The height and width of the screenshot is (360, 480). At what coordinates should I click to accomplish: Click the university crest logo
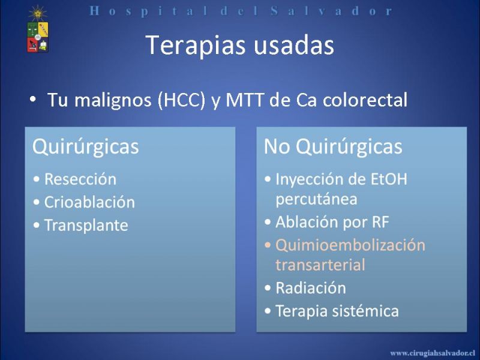38,29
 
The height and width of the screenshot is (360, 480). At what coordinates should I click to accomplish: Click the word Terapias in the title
196,46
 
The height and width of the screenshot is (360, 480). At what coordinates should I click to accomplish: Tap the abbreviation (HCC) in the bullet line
181,100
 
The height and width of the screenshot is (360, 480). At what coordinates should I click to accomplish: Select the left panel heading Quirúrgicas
86,147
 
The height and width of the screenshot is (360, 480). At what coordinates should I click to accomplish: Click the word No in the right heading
277,146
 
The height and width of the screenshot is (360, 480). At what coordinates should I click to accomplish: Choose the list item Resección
80,179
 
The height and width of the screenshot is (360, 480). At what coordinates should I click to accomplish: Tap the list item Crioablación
89,202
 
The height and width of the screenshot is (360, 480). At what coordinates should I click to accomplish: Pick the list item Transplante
86,226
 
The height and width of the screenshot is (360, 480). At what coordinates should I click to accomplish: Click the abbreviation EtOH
389,179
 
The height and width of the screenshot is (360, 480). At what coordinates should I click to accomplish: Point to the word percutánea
316,199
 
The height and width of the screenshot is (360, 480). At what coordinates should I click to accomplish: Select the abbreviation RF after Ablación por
380,222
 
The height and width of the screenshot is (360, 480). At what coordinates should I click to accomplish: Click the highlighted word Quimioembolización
350,245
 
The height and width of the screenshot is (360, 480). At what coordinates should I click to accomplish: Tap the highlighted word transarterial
320,265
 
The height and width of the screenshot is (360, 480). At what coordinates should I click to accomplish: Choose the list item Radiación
311,288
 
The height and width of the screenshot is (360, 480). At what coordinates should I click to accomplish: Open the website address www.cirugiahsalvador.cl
433,353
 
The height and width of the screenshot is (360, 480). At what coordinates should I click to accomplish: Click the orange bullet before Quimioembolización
268,245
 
